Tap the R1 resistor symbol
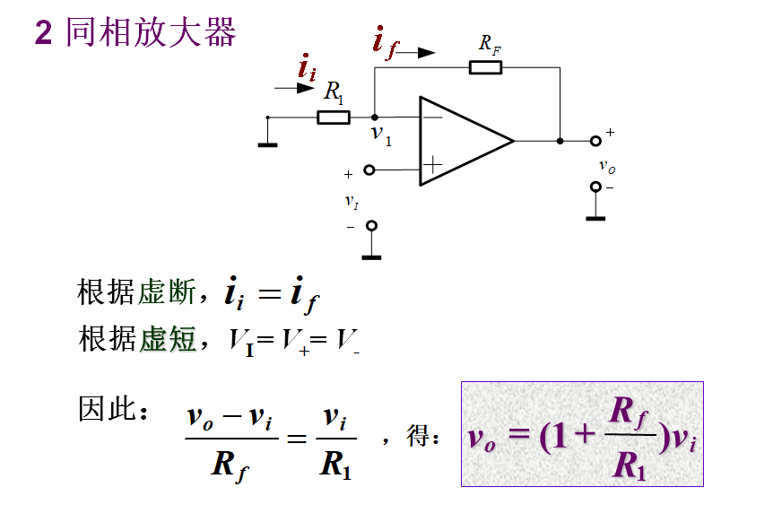click(334, 117)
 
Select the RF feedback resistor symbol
click(485, 66)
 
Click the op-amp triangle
click(462, 141)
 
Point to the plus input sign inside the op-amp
click(433, 164)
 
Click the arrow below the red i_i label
click(292, 88)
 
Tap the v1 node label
click(382, 136)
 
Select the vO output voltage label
click(607, 167)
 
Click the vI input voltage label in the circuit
click(352, 202)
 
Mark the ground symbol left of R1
click(267, 142)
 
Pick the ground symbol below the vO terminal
click(595, 217)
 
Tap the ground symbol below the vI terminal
click(371, 257)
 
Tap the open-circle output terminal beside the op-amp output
click(595, 141)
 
